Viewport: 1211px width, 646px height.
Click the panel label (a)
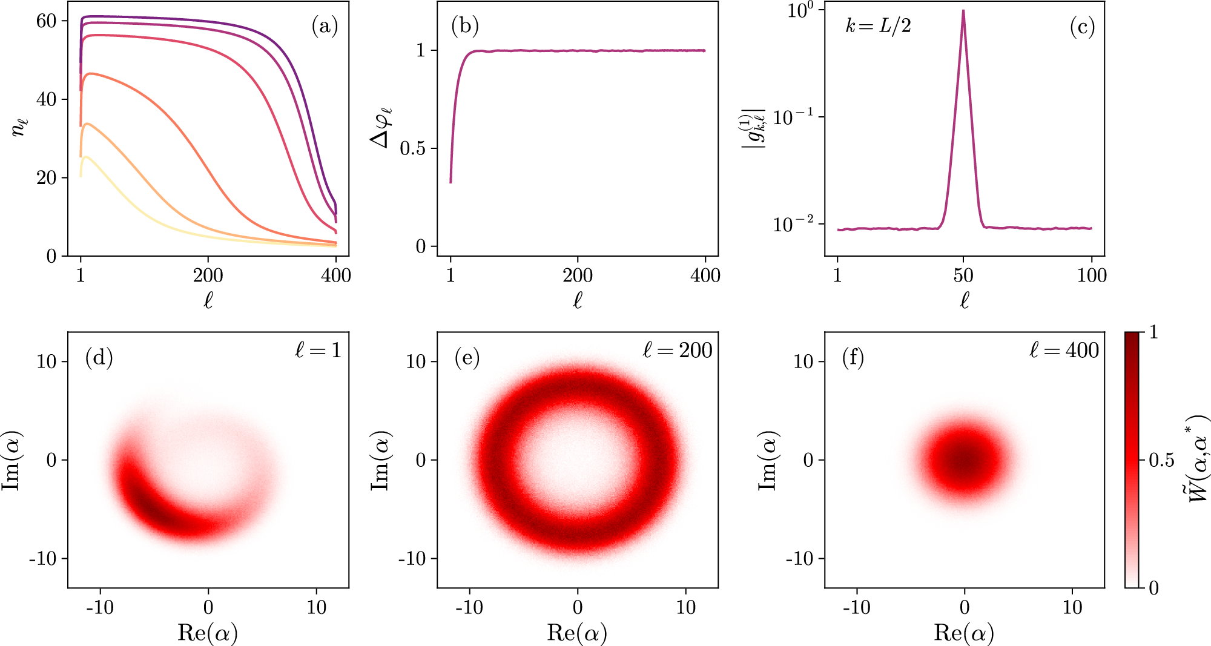pyautogui.click(x=325, y=27)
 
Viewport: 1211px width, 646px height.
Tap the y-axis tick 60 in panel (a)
pyautogui.click(x=46, y=21)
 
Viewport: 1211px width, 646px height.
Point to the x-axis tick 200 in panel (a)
pyautogui.click(x=208, y=275)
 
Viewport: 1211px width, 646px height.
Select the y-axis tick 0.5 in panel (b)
pyautogui.click(x=413, y=148)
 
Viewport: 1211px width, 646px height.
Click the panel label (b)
pyautogui.click(x=465, y=27)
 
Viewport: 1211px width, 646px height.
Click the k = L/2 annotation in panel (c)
pyautogui.click(x=878, y=26)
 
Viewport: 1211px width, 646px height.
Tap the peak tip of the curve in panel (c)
pyautogui.click(x=963, y=11)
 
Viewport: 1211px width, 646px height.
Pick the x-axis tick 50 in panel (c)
pyautogui.click(x=963, y=275)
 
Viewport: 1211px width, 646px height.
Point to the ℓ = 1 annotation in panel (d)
pyautogui.click(x=318, y=350)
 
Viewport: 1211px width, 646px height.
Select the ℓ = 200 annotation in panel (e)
pyautogui.click(x=677, y=350)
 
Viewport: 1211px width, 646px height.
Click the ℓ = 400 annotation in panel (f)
pyautogui.click(x=1064, y=350)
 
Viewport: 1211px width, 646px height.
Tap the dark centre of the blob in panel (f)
pyautogui.click(x=965, y=460)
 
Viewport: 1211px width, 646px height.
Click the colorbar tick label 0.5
pyautogui.click(x=1161, y=460)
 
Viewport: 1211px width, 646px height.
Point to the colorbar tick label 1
pyautogui.click(x=1153, y=332)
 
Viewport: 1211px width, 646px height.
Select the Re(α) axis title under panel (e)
pyautogui.click(x=577, y=633)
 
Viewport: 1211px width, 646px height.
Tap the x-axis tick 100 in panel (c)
pyautogui.click(x=1092, y=275)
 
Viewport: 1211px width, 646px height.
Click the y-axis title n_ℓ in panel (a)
pyautogui.click(x=19, y=127)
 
